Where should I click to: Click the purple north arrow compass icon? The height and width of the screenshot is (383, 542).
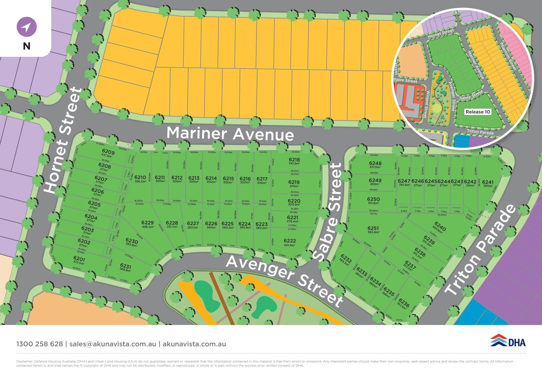(x=27, y=27)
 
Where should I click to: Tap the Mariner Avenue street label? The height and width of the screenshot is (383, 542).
(x=230, y=133)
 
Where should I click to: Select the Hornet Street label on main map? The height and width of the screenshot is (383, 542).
(x=63, y=140)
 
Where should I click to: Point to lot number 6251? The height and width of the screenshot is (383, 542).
(x=373, y=228)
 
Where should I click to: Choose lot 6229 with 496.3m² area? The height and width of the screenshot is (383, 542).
(x=147, y=223)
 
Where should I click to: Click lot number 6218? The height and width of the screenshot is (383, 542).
(x=294, y=160)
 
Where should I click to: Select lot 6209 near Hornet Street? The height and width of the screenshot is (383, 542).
(x=108, y=152)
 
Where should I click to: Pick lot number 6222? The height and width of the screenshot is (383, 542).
(x=290, y=241)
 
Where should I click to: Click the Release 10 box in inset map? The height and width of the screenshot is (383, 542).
(x=478, y=112)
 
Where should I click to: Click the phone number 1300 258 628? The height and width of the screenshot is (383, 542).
(x=40, y=344)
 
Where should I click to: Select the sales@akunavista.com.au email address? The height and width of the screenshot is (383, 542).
(x=113, y=344)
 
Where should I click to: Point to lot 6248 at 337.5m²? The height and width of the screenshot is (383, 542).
(x=375, y=163)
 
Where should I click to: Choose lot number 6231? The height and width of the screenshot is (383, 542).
(x=125, y=266)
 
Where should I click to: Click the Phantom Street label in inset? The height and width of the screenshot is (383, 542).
(x=508, y=56)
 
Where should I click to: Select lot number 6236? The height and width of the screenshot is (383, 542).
(x=404, y=303)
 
